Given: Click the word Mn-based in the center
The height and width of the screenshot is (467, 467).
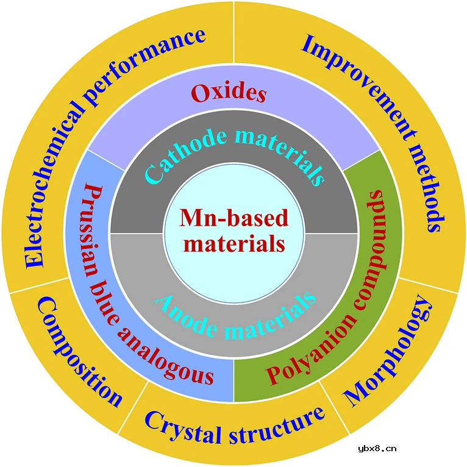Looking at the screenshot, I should pyautogui.click(x=233, y=218).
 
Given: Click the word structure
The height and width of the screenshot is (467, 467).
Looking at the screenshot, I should pyautogui.click(x=278, y=427).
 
